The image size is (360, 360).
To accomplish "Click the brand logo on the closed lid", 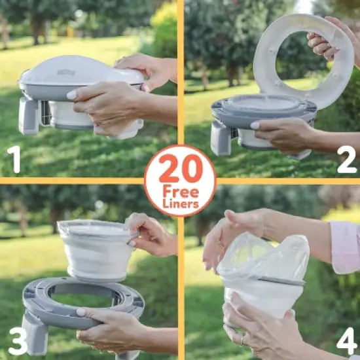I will (x=66, y=73).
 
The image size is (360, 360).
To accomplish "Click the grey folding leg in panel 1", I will (x=29, y=115).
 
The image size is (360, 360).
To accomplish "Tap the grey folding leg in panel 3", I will (x=36, y=334).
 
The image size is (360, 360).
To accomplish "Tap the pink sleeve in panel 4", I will (x=345, y=246).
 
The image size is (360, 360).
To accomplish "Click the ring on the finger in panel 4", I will (x=243, y=340).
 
